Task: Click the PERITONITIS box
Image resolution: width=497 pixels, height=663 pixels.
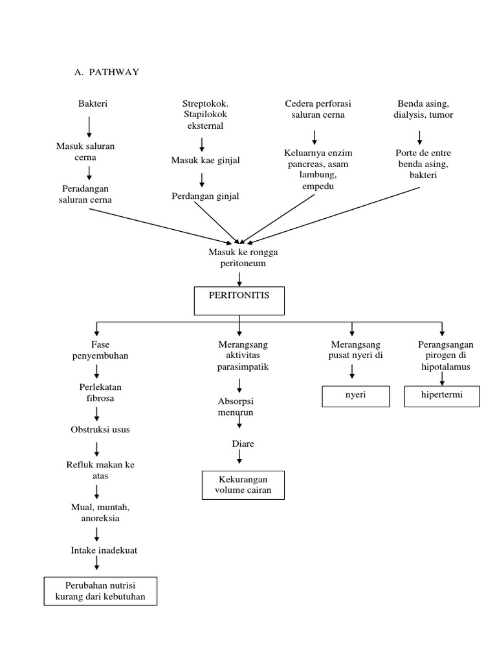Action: pos(239,300)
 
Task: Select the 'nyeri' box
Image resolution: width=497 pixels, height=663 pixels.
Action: pos(356,396)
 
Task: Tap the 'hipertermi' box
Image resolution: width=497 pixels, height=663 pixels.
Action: pos(442,396)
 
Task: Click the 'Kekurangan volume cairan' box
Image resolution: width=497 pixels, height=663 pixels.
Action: pos(243,485)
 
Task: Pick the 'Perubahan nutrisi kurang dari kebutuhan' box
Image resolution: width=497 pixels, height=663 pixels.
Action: pos(100,590)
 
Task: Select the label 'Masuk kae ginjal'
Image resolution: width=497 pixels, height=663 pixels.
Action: pos(205,160)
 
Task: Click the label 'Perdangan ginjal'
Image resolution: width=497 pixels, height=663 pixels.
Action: pos(205,196)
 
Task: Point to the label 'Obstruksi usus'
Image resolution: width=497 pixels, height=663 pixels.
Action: pos(96,429)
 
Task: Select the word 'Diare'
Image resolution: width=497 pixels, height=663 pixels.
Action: pos(243,444)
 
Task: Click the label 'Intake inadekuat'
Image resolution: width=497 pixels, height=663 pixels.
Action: pos(104,550)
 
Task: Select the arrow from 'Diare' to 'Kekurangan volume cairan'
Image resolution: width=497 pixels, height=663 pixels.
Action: pos(239,457)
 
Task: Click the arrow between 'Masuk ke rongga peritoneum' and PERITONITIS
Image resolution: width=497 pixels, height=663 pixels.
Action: pos(239,278)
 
